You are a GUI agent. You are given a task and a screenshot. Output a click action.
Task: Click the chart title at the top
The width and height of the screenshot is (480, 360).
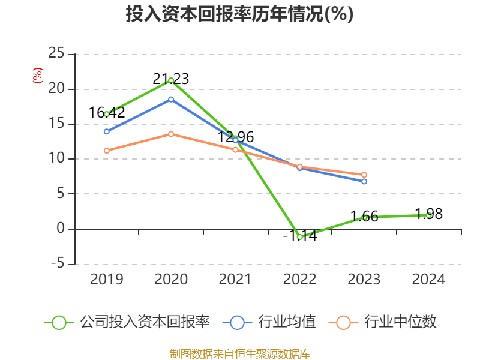pyautogui.click(x=239, y=14)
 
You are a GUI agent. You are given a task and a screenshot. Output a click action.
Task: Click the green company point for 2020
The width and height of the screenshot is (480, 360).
pyautogui.click(x=171, y=80)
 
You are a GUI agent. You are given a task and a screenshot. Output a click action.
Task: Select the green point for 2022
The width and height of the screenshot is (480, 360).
pyautogui.click(x=299, y=237)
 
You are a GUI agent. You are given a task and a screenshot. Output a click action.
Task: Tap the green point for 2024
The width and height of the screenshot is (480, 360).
pyautogui.click(x=428, y=215)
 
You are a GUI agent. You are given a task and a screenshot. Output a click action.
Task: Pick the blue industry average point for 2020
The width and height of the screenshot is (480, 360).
pyautogui.click(x=171, y=99)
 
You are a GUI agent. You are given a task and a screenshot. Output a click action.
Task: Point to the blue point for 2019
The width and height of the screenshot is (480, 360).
pyautogui.click(x=107, y=131)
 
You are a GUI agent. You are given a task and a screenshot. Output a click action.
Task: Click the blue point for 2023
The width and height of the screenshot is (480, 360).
pyautogui.click(x=364, y=181)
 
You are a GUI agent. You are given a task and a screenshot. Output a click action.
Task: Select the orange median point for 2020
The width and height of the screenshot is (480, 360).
pyautogui.click(x=171, y=134)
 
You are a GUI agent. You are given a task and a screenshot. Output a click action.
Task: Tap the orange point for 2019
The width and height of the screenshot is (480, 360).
pyautogui.click(x=107, y=151)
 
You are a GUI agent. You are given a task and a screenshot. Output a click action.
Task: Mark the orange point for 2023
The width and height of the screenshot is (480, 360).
pyautogui.click(x=364, y=175)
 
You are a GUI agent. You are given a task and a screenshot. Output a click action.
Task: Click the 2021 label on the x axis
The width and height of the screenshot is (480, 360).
pyautogui.click(x=235, y=280)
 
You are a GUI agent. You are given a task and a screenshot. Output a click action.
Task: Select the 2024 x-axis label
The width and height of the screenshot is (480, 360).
pyautogui.click(x=428, y=280)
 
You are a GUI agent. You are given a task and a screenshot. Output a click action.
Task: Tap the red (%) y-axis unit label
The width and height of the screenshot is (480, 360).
pyautogui.click(x=38, y=76)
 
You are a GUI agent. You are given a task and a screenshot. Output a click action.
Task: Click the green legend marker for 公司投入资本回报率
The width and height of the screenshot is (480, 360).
pyautogui.click(x=59, y=322)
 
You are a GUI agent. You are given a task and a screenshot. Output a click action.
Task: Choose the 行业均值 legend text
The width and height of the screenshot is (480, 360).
pyautogui.click(x=287, y=322)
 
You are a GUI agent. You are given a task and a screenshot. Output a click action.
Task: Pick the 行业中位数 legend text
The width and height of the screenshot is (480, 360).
pyautogui.click(x=400, y=322)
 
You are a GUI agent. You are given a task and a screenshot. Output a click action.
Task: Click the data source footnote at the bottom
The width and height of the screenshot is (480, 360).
pyautogui.click(x=239, y=353)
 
